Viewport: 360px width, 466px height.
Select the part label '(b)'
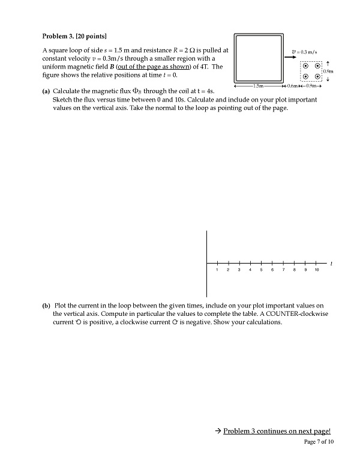[46, 306]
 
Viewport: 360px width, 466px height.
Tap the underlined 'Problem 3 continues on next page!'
[277, 431]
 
